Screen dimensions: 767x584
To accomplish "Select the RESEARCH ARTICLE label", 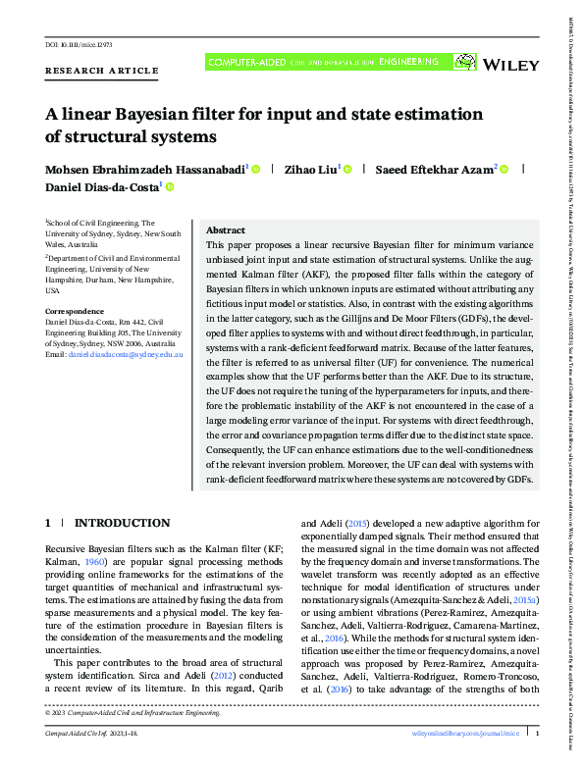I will pyautogui.click(x=101, y=71).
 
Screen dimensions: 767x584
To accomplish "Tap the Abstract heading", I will pyautogui.click(x=225, y=229).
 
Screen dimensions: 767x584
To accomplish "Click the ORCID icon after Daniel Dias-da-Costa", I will pyautogui.click(x=169, y=186).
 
